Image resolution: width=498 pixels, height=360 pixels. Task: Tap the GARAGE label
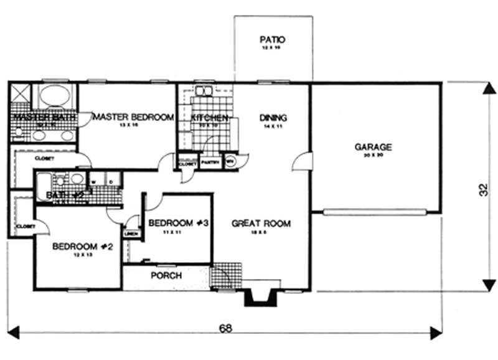pyautogui.click(x=373, y=147)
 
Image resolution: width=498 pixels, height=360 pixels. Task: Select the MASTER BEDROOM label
pyautogui.click(x=133, y=116)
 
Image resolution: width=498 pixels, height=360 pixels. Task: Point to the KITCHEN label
pyautogui.click(x=209, y=118)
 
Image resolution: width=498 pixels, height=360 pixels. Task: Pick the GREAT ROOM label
pyautogui.click(x=261, y=223)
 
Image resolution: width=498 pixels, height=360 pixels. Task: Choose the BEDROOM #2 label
pyautogui.click(x=82, y=246)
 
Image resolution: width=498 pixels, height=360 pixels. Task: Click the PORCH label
pyautogui.click(x=166, y=275)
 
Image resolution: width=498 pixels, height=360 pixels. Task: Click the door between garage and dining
pyautogui.click(x=300, y=161)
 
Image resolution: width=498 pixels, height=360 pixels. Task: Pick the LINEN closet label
pyautogui.click(x=131, y=234)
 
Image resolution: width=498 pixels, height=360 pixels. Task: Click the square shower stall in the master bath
pyautogui.click(x=20, y=95)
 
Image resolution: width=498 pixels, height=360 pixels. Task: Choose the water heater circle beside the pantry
pyautogui.click(x=229, y=161)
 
